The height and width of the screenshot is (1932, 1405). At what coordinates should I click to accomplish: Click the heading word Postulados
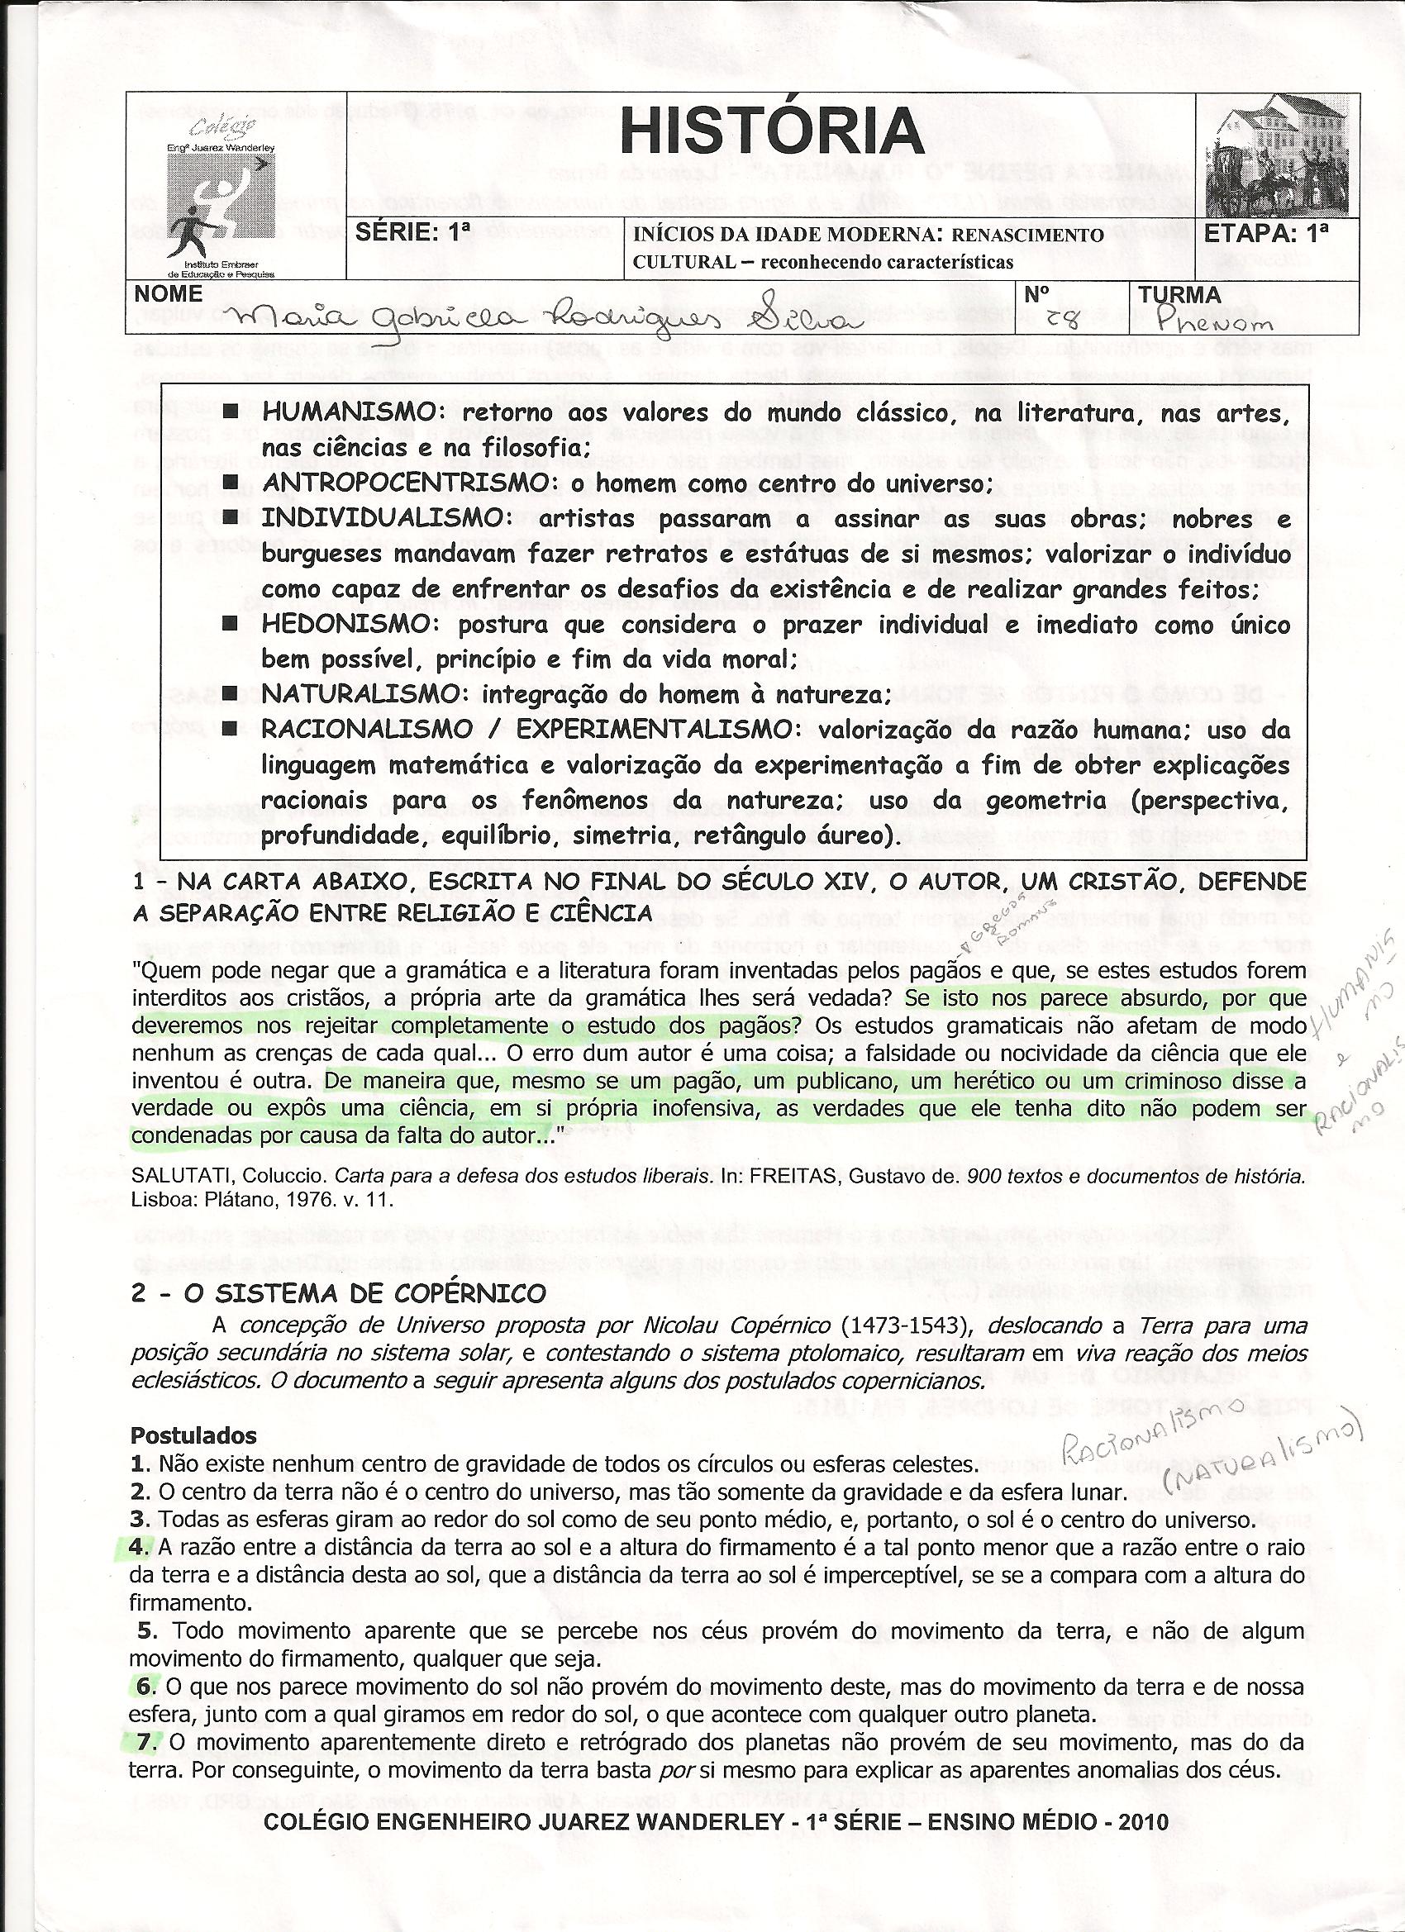(x=193, y=1435)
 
